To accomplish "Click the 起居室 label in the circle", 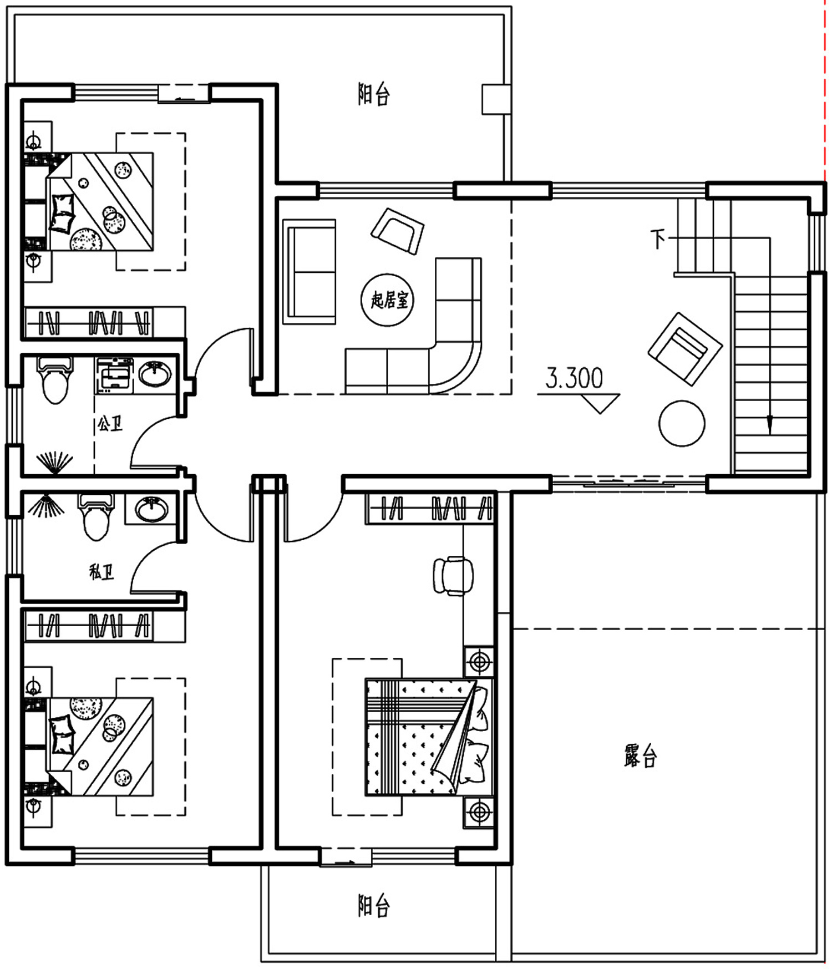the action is click(390, 300).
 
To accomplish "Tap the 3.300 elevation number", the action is click(574, 378).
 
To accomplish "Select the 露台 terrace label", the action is click(641, 755).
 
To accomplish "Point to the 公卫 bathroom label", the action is click(110, 424).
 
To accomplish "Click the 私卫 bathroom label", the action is click(102, 572).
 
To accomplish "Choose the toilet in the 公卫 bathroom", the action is click(54, 379).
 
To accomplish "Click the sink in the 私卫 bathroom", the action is click(151, 509).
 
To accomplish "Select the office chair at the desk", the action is click(453, 576).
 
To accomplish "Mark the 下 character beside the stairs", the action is click(658, 239).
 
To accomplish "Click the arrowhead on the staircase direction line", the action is click(769, 425).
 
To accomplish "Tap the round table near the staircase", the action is click(682, 423).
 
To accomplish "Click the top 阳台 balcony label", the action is click(374, 94).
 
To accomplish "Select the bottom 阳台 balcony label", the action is click(374, 906).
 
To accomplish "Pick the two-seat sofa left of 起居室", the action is click(310, 271).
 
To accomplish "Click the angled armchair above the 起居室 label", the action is click(397, 231).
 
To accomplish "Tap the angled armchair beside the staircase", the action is click(685, 349).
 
